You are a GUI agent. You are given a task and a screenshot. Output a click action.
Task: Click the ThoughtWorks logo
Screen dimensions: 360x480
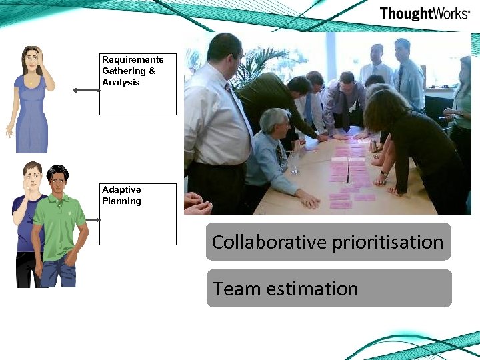coord(424,14)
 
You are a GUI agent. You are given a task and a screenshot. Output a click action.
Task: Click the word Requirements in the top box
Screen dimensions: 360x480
coord(133,60)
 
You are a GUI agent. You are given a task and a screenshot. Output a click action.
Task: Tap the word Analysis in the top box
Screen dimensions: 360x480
coord(121,83)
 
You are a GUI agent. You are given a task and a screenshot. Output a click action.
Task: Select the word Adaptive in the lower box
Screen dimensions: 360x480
coord(121,190)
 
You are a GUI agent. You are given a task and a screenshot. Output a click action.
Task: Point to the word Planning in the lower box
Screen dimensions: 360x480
coord(121,201)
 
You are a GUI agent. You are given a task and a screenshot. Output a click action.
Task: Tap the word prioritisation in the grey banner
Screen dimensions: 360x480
coord(387,243)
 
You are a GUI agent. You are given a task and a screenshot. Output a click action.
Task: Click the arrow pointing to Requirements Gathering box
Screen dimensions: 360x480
coord(86,90)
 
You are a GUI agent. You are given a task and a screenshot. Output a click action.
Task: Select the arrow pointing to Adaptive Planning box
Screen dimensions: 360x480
coord(91,219)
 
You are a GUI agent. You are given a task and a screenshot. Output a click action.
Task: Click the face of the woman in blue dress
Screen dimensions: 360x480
coord(31,63)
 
